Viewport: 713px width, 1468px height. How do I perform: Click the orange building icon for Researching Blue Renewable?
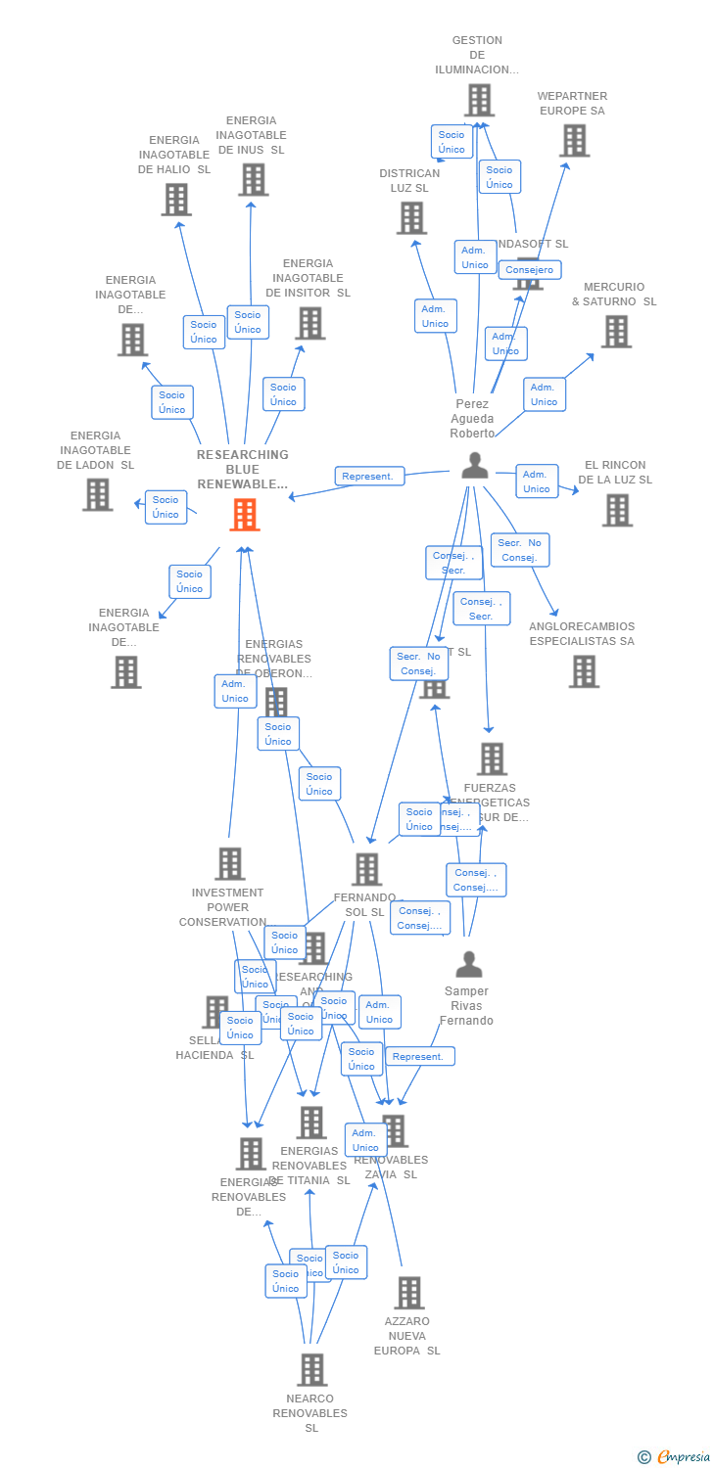pos(245,514)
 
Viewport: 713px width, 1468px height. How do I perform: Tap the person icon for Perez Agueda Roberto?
pos(475,466)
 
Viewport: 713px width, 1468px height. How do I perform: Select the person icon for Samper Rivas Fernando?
pos(469,965)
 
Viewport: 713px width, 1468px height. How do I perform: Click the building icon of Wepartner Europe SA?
pos(574,141)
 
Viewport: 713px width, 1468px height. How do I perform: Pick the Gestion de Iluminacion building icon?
pos(479,100)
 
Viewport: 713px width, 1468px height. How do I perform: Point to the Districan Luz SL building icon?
pos(411,217)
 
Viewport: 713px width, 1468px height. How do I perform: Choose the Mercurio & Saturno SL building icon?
pos(616,332)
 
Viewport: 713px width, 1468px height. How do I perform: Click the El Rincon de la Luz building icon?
pos(617,510)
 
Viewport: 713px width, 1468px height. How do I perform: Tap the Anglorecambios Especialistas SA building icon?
pos(584,671)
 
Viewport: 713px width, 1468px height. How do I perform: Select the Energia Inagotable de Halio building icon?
pos(176,200)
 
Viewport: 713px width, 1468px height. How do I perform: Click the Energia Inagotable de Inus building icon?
pos(253,179)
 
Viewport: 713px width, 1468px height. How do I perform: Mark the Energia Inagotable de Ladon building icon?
pos(97,494)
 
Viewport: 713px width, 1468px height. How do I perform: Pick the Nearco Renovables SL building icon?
pos(311,1369)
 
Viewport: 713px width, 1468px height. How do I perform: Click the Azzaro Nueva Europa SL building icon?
pos(409,1292)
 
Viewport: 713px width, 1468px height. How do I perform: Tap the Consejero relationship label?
pos(530,270)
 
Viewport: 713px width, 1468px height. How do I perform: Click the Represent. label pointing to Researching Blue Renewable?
pos(369,477)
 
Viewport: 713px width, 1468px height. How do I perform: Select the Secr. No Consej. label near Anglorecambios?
pos(519,550)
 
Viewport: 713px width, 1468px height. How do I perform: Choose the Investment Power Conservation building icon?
pos(230,863)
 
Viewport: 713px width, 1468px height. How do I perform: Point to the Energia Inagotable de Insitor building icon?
pos(309,323)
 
